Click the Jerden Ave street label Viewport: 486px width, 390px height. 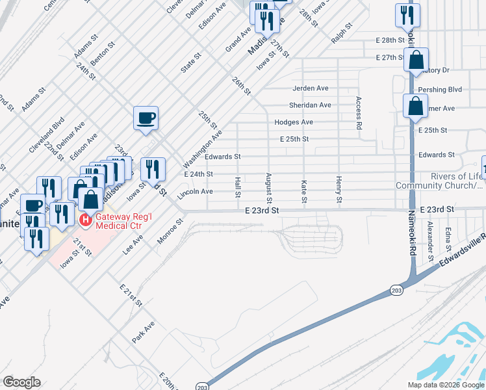tap(310, 88)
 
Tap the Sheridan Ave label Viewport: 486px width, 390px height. tap(310, 105)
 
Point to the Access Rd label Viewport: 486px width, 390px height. tap(358, 113)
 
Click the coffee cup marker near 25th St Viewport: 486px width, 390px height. tap(146, 118)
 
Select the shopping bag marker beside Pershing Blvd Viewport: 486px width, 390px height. tap(415, 105)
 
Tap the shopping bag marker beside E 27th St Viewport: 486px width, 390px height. tap(415, 60)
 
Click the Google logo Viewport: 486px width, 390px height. tap(21, 382)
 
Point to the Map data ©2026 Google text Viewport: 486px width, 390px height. tap(445, 385)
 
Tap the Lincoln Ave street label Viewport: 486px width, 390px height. tap(198, 192)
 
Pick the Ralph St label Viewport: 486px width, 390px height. tap(340, 32)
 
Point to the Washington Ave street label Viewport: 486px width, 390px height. tap(203, 148)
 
